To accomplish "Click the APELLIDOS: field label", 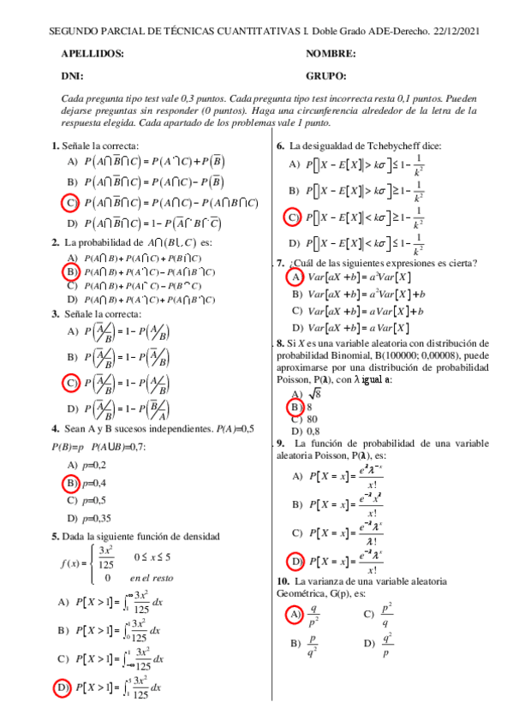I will click(x=92, y=54).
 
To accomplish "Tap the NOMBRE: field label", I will click(x=331, y=54).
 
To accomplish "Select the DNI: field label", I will click(x=73, y=75).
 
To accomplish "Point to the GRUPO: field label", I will click(x=325, y=75).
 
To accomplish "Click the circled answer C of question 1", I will click(x=72, y=203).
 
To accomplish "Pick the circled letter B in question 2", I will click(x=72, y=272).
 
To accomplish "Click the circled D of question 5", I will click(x=63, y=687).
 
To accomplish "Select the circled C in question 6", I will click(x=294, y=217).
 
